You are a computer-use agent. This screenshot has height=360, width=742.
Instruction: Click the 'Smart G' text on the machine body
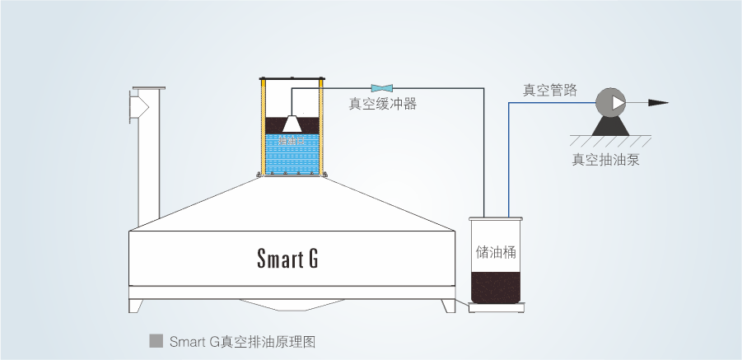(x=287, y=259)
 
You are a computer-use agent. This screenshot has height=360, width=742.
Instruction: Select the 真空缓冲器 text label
(x=382, y=104)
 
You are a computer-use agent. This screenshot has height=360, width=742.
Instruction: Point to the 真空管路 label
(x=549, y=90)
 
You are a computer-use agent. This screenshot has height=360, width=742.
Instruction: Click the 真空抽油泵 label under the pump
(x=606, y=160)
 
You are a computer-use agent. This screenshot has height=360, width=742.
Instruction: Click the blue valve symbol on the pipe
(x=382, y=87)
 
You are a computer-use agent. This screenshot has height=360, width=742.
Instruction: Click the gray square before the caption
(x=154, y=340)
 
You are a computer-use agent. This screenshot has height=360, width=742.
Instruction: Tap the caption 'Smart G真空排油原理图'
(x=242, y=341)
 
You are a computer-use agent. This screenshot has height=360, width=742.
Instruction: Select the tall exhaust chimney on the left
(x=148, y=157)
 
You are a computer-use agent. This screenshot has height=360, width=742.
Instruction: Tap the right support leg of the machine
(x=448, y=306)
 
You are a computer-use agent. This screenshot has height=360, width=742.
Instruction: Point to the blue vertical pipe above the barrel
(x=510, y=157)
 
